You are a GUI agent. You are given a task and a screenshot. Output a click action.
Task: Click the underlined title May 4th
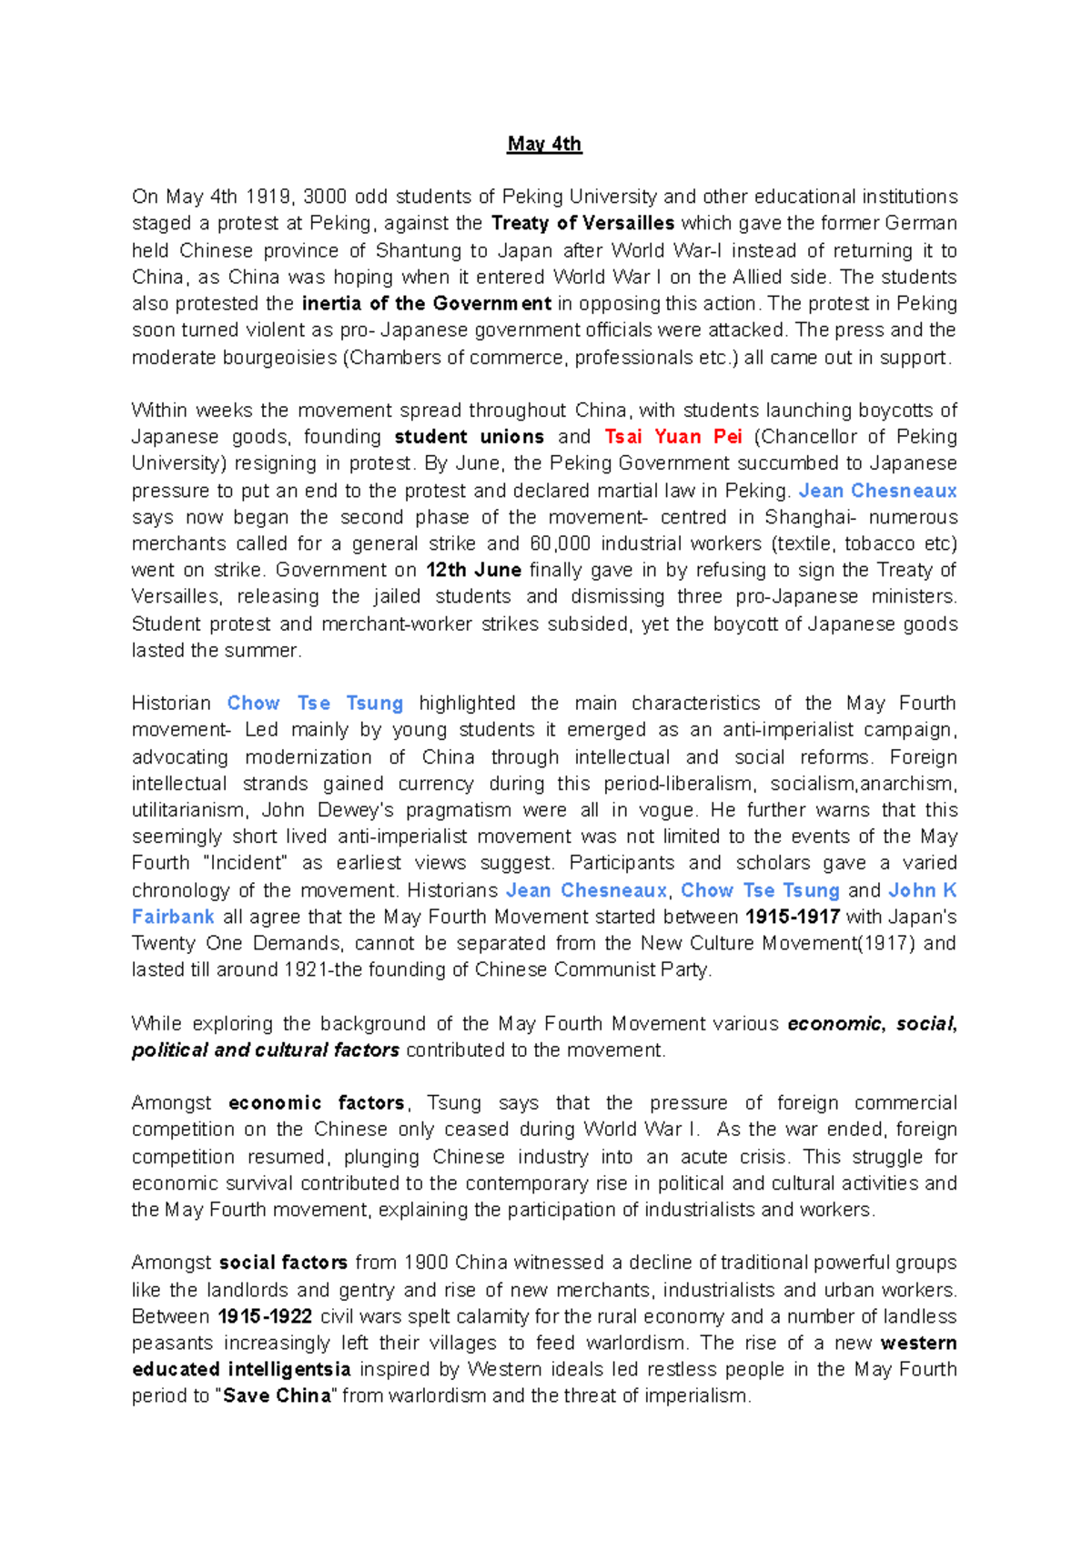[544, 144]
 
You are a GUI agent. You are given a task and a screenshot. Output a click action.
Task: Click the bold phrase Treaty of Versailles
[582, 223]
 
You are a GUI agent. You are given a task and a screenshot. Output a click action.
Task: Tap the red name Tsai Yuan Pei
[673, 437]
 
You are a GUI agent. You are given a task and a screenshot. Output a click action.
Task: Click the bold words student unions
[469, 437]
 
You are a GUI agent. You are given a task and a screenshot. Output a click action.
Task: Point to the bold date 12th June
[473, 570]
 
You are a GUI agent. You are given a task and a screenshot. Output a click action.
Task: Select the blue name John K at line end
[922, 890]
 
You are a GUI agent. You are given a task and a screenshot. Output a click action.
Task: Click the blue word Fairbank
[173, 917]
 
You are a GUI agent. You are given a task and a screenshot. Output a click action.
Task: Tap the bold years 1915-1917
[792, 917]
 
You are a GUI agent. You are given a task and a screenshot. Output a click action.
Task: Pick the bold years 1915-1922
[265, 1316]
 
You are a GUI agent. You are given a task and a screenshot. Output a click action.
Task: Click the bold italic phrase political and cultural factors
[265, 1050]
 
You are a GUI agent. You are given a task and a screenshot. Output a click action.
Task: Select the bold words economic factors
[316, 1103]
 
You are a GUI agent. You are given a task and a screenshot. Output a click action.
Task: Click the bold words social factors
[283, 1263]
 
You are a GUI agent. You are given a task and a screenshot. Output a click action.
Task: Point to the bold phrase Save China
[277, 1396]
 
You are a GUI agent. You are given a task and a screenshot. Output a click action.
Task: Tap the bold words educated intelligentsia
[241, 1370]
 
